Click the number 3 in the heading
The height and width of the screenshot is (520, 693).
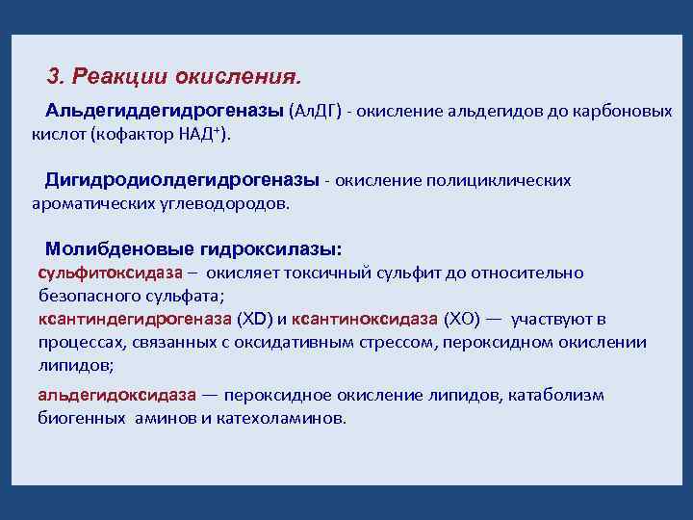53,75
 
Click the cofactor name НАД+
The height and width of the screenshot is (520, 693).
198,135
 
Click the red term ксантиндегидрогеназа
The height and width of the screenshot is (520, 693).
135,319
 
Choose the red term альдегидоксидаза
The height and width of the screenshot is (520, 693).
116,395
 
